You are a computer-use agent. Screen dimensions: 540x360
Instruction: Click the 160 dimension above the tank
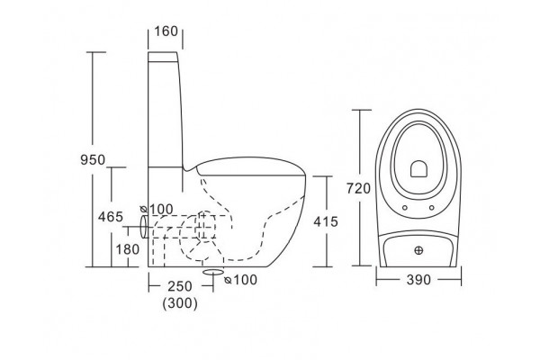(x=166, y=31)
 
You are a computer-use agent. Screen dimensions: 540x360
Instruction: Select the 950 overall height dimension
(x=93, y=160)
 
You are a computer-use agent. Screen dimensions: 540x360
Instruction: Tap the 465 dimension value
(x=111, y=217)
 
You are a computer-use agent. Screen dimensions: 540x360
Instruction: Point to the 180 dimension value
(x=128, y=249)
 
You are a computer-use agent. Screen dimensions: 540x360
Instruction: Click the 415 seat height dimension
(x=326, y=222)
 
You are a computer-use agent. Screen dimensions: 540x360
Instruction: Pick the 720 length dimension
(x=358, y=188)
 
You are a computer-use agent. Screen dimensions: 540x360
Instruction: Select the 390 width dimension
(x=418, y=280)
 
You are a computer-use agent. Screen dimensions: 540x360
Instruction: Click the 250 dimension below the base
(x=180, y=286)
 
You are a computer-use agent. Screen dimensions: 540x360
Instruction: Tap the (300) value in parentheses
(x=180, y=303)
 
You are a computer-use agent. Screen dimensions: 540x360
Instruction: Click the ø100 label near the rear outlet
(x=157, y=209)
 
